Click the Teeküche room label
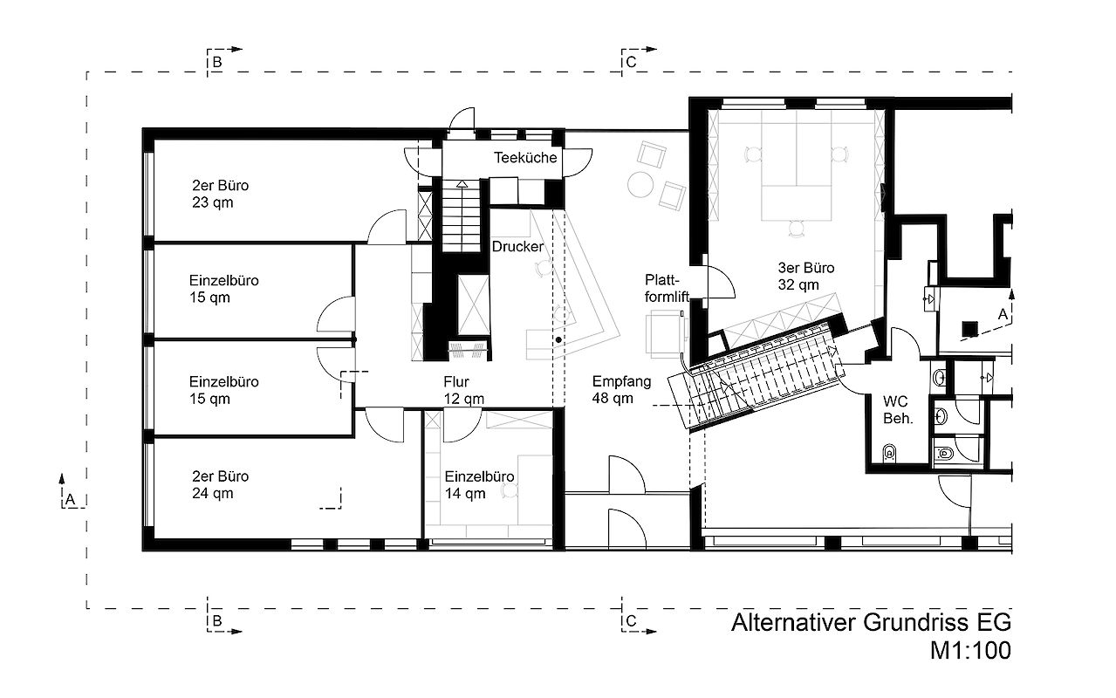525,158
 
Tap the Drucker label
517,247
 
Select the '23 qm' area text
213,202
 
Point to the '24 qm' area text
213,493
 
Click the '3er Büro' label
806,268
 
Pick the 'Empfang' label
622,381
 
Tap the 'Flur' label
456,382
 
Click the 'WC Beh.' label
898,409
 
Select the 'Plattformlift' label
668,289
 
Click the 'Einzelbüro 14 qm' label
479,485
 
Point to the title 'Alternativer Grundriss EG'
871,623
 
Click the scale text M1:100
970,651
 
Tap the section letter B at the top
217,62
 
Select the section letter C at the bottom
631,621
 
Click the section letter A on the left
71,499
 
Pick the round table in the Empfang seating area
640,184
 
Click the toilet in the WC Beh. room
889,454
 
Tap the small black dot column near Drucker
559,339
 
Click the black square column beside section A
969,329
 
